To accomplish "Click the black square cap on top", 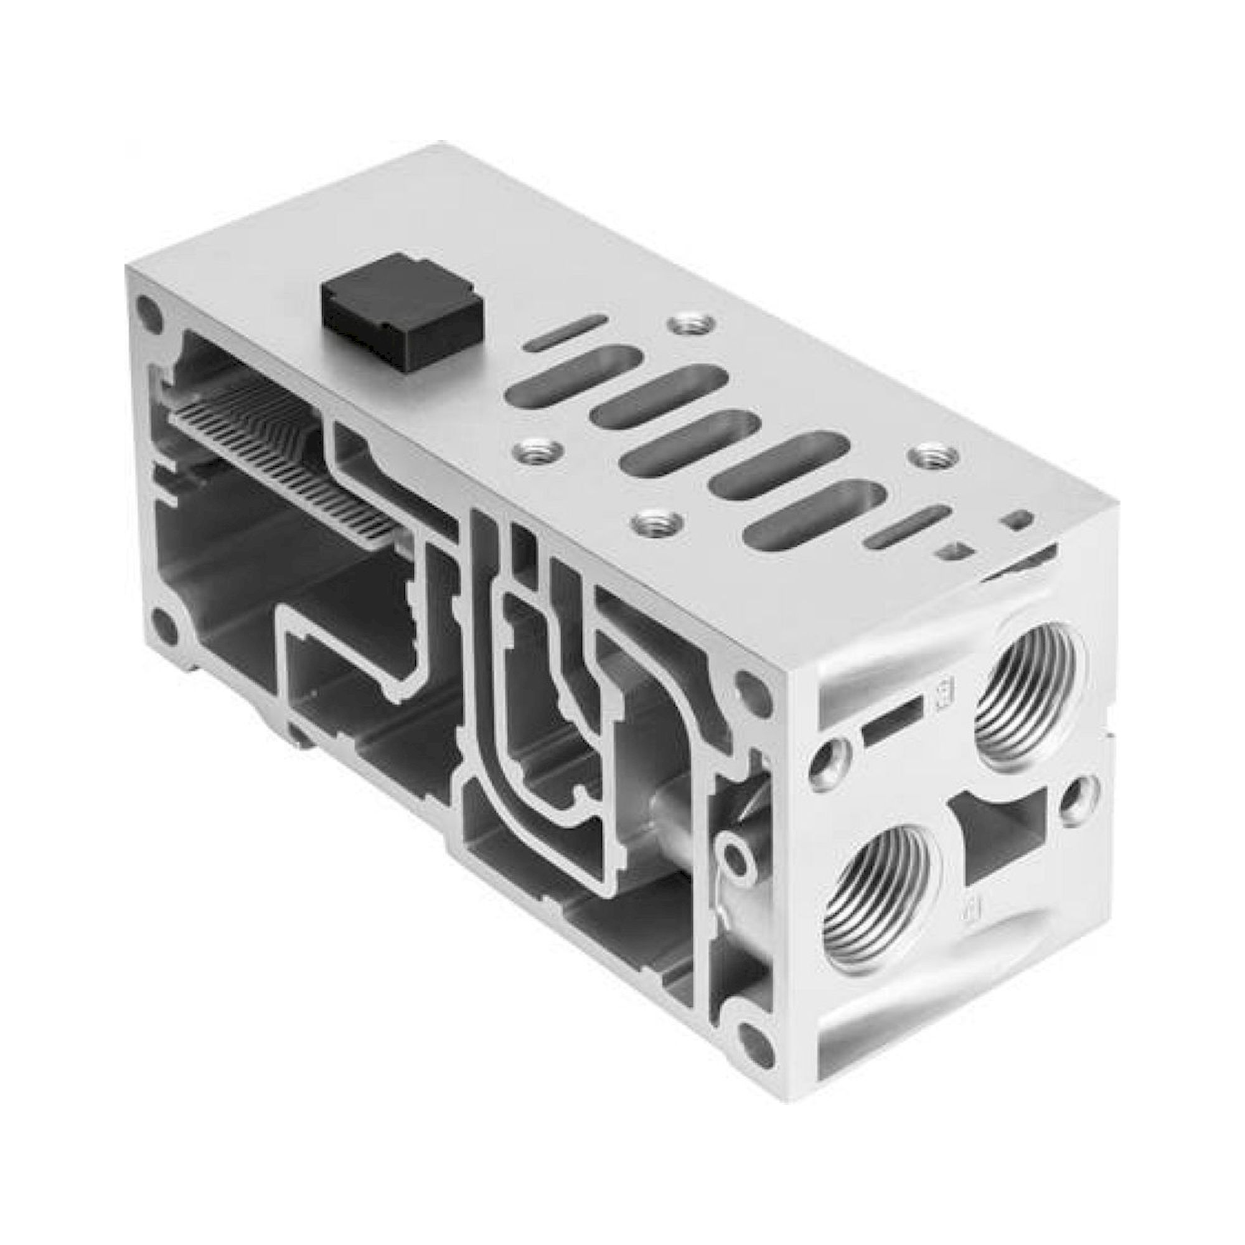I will click(403, 311).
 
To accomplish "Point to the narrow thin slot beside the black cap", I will click(565, 332).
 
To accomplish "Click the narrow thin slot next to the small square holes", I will click(908, 527).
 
